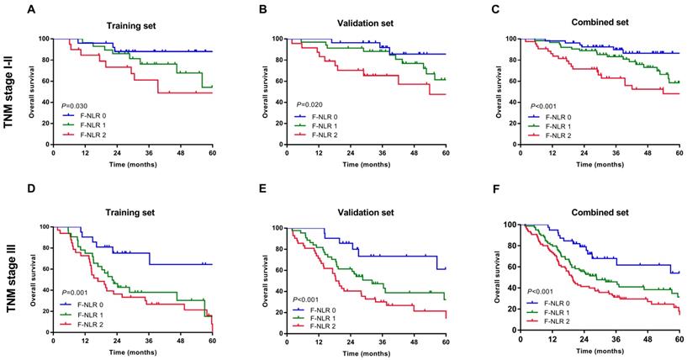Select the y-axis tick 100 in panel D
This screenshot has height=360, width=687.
pyautogui.click(x=43, y=227)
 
